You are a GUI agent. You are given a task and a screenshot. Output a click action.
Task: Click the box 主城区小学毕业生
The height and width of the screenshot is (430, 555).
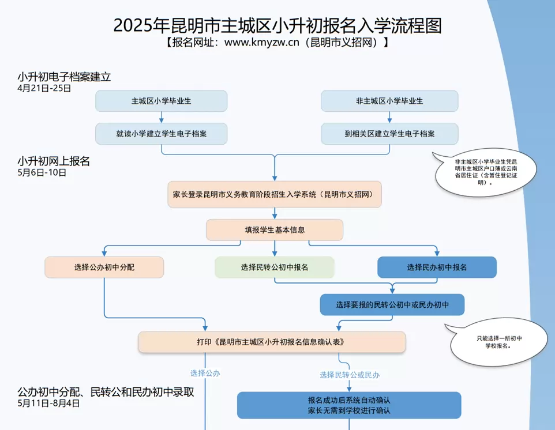tap(162, 101)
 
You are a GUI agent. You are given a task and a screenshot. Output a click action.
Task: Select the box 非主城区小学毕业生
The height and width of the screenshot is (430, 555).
tap(389, 101)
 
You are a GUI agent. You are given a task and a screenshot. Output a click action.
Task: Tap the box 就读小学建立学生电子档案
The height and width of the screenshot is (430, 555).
tap(162, 134)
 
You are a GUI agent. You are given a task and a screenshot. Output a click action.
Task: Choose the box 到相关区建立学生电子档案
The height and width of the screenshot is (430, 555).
tap(389, 134)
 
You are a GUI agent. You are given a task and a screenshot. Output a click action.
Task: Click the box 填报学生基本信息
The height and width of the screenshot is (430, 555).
tap(275, 230)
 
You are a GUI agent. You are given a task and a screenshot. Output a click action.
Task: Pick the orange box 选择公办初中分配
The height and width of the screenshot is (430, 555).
tap(104, 267)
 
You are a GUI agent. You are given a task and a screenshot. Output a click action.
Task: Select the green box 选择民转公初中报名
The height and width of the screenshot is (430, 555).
tap(275, 267)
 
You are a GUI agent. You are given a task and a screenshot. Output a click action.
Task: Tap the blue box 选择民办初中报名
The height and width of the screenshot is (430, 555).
tap(437, 267)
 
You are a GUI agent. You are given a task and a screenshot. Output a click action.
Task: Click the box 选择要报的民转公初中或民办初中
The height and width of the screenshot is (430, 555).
tap(392, 305)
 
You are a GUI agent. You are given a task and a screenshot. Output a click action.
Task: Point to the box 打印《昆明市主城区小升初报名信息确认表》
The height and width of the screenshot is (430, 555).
tap(272, 342)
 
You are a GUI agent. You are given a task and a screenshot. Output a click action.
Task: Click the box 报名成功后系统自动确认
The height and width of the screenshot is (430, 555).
tap(349, 405)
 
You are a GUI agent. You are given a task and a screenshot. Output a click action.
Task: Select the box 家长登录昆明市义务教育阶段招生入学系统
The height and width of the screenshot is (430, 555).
tap(275, 194)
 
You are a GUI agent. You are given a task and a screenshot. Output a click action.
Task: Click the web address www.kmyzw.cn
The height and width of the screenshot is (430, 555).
tap(262, 42)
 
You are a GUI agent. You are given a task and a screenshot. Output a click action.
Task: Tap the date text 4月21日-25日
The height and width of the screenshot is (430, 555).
tap(44, 88)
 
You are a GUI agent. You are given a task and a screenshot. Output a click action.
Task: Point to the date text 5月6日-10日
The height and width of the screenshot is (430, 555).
tap(42, 172)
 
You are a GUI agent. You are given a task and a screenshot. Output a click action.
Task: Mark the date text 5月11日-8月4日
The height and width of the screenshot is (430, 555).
tap(48, 403)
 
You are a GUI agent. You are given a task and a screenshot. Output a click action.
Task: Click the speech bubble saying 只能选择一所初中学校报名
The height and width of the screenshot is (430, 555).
tap(499, 342)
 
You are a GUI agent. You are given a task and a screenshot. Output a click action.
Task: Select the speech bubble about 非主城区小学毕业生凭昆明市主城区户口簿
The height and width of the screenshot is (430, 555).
tap(486, 172)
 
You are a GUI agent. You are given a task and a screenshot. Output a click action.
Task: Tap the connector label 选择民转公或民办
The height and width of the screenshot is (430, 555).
tap(350, 375)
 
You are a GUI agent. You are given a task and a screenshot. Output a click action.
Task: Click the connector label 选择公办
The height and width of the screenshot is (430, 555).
tap(205, 373)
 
